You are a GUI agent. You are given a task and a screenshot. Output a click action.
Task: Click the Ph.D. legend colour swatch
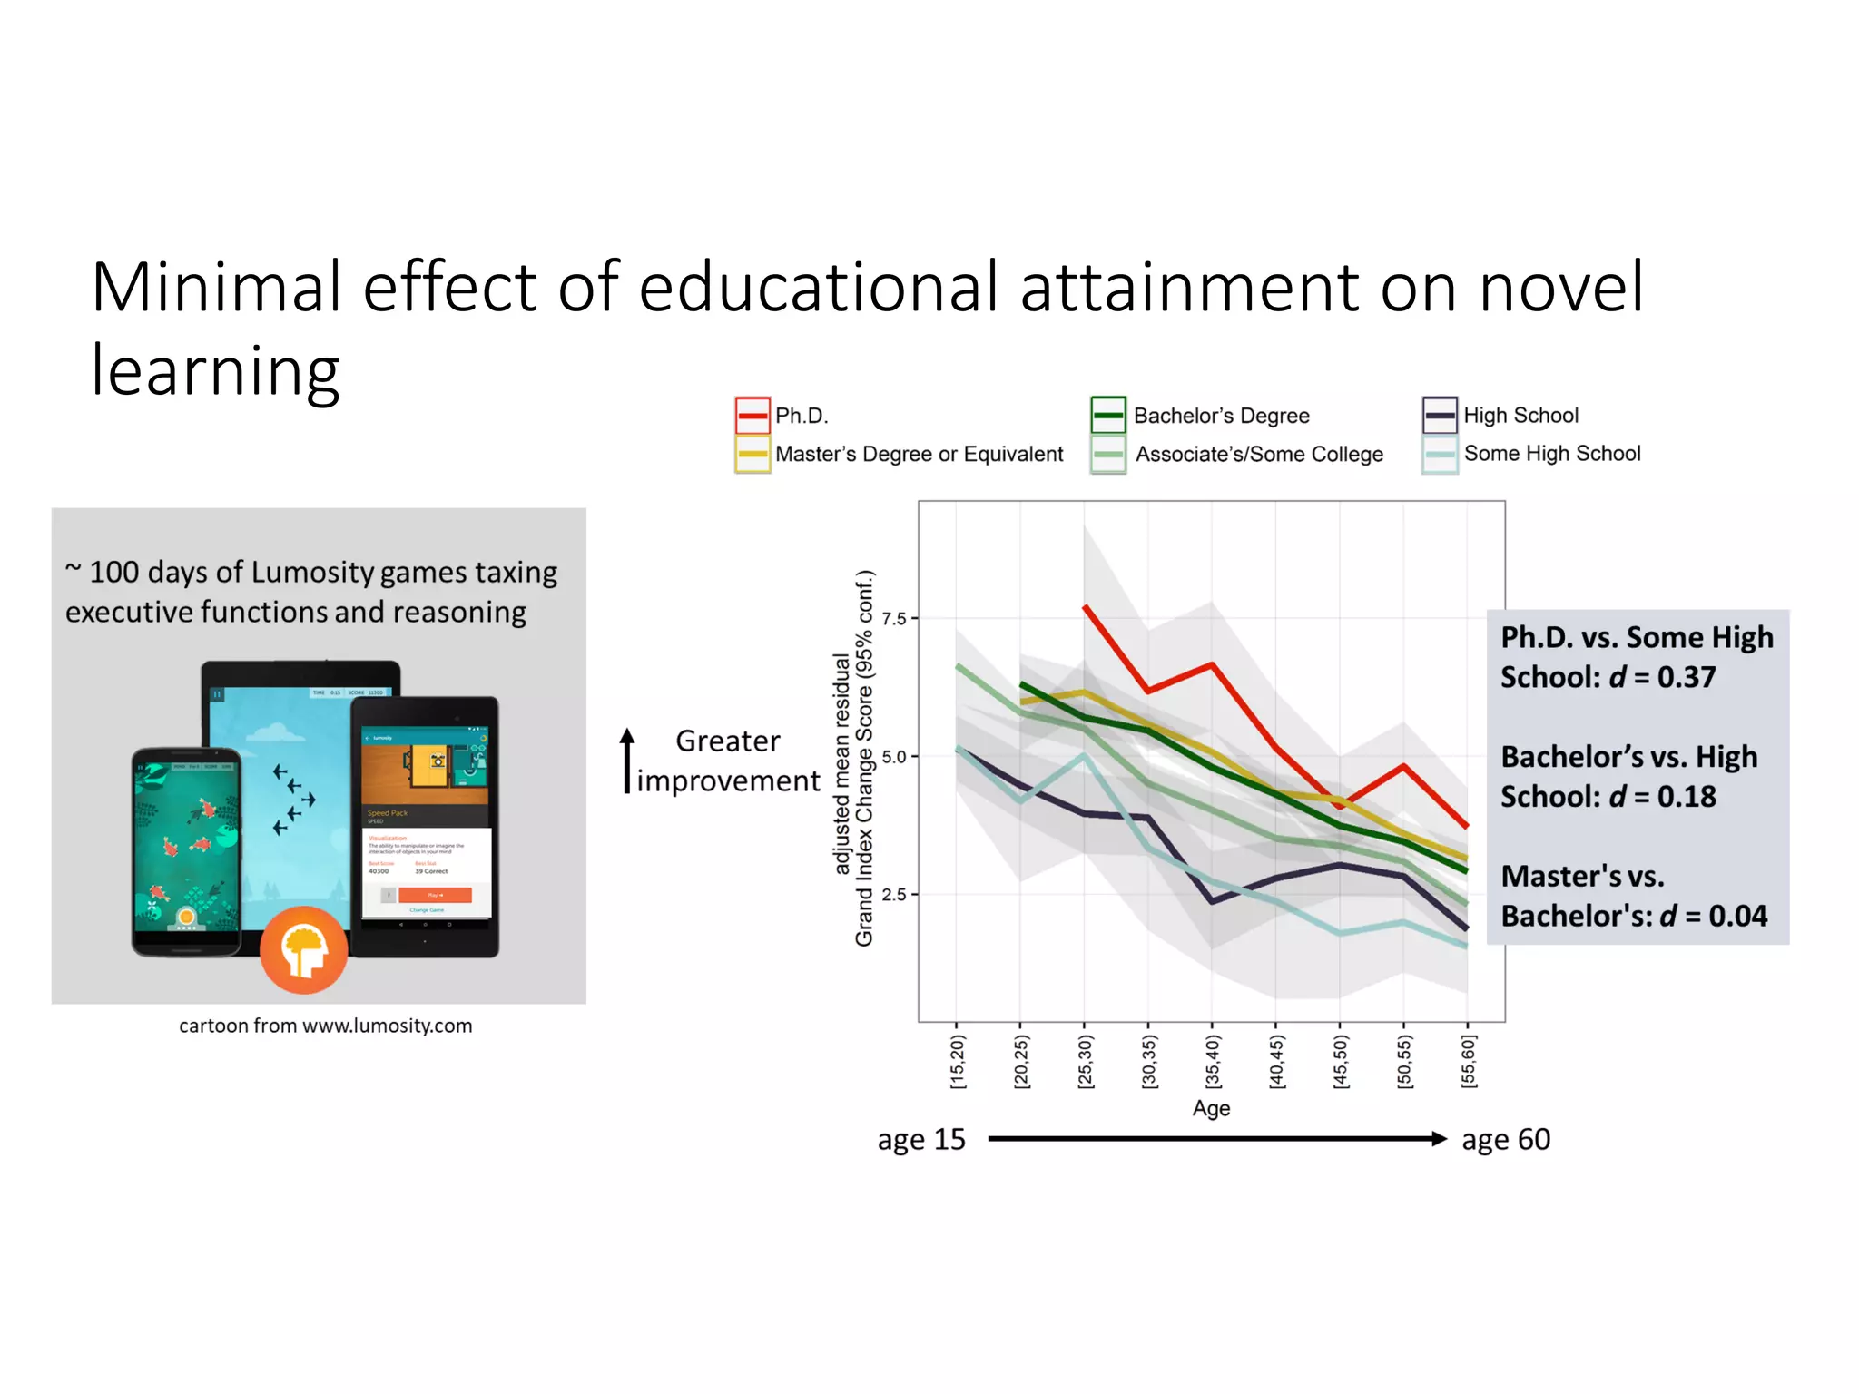[x=752, y=416]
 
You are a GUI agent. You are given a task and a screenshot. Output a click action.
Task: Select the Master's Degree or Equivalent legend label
[x=919, y=454]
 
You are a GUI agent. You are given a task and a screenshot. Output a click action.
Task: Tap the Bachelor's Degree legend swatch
[x=1108, y=416]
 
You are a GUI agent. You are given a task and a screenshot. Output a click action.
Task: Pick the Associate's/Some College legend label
[x=1259, y=454]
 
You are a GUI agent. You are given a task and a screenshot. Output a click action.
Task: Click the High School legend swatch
[x=1440, y=416]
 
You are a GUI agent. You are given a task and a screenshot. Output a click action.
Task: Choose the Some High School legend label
[x=1552, y=453]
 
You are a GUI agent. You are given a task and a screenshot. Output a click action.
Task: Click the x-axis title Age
[x=1211, y=1108]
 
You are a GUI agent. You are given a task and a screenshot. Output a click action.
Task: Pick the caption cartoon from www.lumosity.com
[x=325, y=1026]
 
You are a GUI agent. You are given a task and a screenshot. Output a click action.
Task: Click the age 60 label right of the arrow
[x=1505, y=1139]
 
